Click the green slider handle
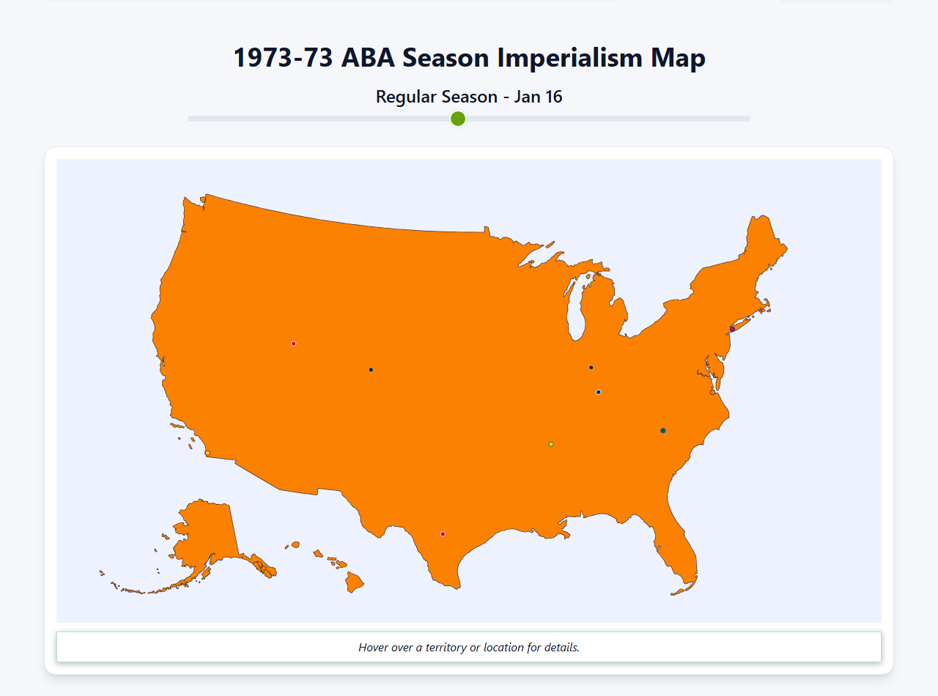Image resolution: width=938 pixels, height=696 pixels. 458,119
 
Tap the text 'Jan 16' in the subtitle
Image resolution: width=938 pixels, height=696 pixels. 538,97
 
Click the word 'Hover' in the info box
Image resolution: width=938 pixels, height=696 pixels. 374,648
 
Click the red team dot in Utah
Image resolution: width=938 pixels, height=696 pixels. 293,344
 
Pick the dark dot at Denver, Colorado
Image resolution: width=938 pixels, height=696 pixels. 371,370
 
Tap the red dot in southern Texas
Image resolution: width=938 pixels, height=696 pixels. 443,534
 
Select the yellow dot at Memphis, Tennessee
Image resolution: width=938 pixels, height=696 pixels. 551,444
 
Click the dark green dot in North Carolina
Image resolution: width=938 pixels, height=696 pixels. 663,431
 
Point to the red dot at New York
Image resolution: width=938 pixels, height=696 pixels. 732,329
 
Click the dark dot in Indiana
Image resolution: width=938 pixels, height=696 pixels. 591,368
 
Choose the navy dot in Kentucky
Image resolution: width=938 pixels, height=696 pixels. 599,393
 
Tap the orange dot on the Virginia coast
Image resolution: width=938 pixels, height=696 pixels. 712,393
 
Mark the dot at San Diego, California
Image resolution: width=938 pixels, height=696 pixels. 207,453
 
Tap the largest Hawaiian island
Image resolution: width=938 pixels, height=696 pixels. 355,583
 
